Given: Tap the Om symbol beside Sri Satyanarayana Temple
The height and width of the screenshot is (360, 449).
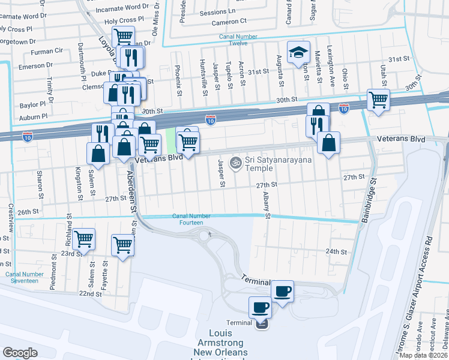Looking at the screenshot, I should pyautogui.click(x=236, y=162).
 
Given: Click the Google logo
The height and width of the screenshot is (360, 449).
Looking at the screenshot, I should pyautogui.click(x=20, y=353).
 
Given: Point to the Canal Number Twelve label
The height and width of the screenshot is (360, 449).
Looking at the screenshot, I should pyautogui.click(x=238, y=40).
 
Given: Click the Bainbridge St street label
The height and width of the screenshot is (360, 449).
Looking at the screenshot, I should pyautogui.click(x=369, y=200).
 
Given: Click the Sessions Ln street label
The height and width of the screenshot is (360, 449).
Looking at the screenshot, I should pyautogui.click(x=217, y=12).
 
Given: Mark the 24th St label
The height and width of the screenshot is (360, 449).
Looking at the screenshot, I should pyautogui.click(x=336, y=252).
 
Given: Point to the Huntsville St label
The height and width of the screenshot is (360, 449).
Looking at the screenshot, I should pyautogui.click(x=205, y=78).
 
